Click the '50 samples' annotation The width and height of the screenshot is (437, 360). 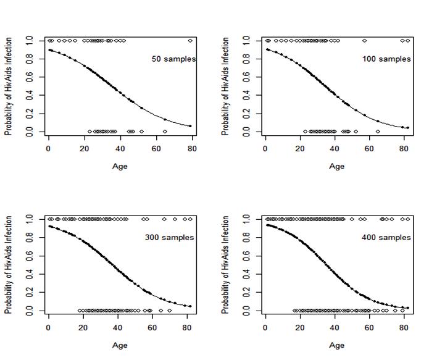click(x=173, y=59)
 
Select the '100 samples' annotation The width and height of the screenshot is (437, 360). click(x=386, y=59)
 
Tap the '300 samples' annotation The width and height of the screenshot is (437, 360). click(x=169, y=238)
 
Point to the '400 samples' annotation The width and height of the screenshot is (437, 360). click(x=386, y=238)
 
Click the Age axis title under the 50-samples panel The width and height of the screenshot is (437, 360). click(x=120, y=166)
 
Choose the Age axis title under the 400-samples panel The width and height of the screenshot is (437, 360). click(x=336, y=345)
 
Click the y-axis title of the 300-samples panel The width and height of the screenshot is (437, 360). click(x=9, y=265)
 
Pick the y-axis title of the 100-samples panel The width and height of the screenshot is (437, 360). click(x=226, y=86)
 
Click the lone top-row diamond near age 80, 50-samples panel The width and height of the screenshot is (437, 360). click(x=190, y=41)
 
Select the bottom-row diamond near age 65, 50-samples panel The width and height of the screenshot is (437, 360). click(x=165, y=132)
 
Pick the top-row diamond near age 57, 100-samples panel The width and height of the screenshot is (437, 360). click(x=364, y=41)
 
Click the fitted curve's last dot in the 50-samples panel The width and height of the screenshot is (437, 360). click(x=190, y=126)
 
